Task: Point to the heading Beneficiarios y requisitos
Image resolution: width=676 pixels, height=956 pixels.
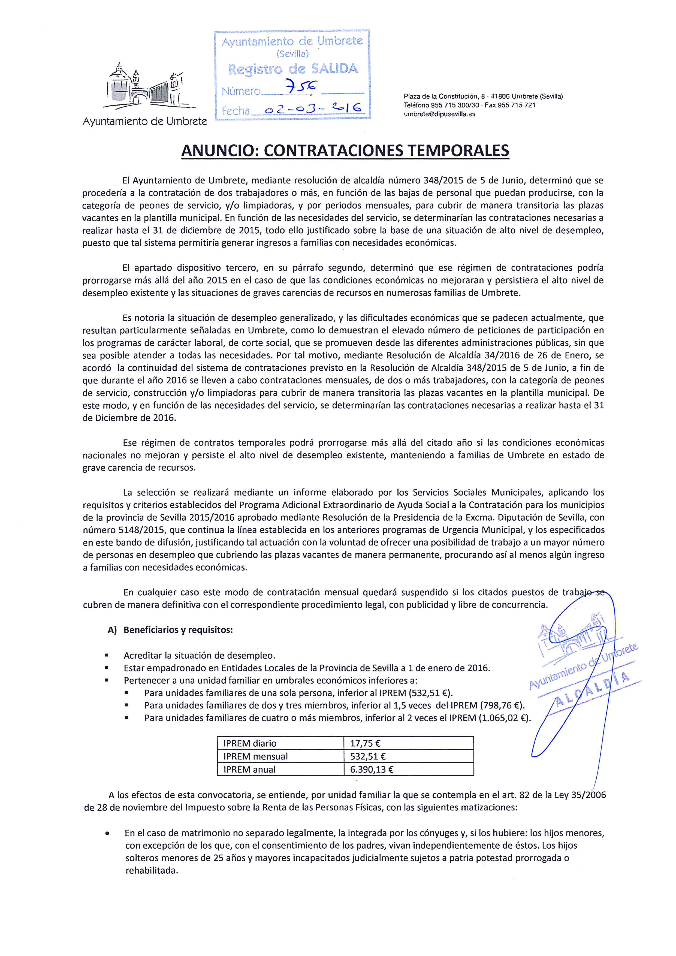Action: (178, 629)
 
